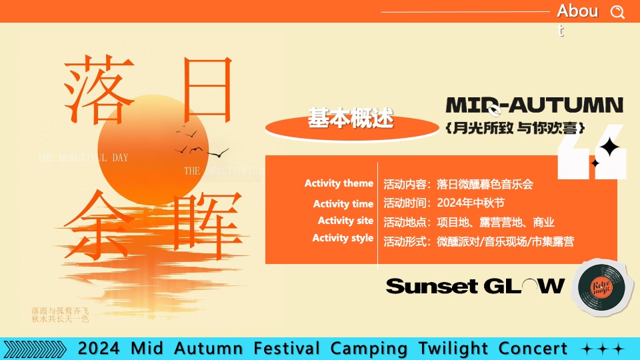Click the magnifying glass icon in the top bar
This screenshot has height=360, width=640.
pyautogui.click(x=618, y=12)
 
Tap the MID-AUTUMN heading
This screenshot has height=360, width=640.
pyautogui.click(x=534, y=105)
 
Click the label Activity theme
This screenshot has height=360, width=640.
pyautogui.click(x=339, y=183)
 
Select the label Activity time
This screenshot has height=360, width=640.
pyautogui.click(x=343, y=204)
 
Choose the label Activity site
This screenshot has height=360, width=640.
pyautogui.click(x=345, y=221)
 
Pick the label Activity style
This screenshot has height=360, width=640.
pyautogui.click(x=343, y=238)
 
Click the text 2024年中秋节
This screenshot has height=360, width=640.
pyautogui.click(x=471, y=203)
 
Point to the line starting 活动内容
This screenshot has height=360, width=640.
pyautogui.click(x=458, y=184)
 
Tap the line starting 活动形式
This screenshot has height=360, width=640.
pyautogui.click(x=478, y=241)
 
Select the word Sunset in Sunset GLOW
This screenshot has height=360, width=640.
pyautogui.click(x=432, y=287)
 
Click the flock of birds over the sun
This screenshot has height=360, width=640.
pyautogui.click(x=197, y=140)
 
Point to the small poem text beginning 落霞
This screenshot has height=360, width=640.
pyautogui.click(x=60, y=315)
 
